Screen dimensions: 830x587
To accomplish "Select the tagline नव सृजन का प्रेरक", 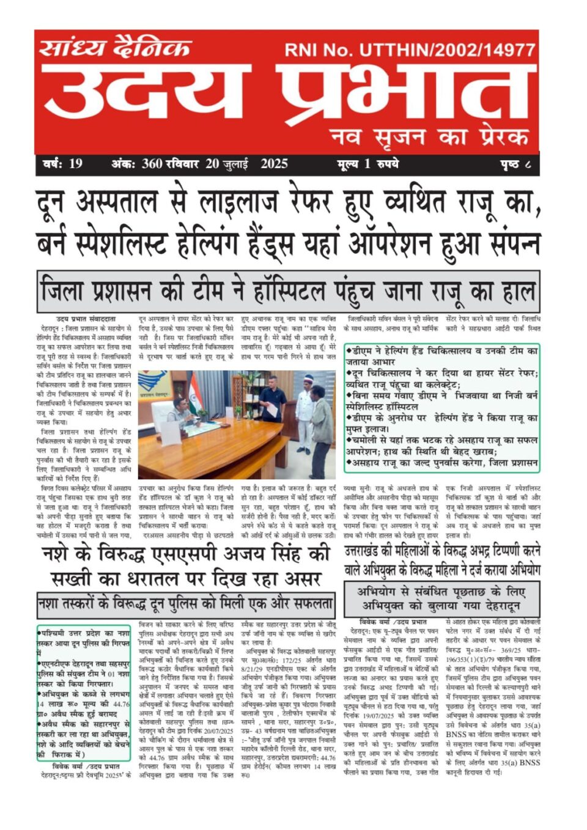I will [x=429, y=136].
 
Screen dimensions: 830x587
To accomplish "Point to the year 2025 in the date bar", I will [x=274, y=164].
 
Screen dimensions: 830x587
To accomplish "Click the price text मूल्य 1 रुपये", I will [x=367, y=164].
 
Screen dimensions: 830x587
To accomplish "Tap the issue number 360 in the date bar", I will [x=152, y=164].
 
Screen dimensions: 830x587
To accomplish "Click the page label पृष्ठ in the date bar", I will [x=509, y=164].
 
